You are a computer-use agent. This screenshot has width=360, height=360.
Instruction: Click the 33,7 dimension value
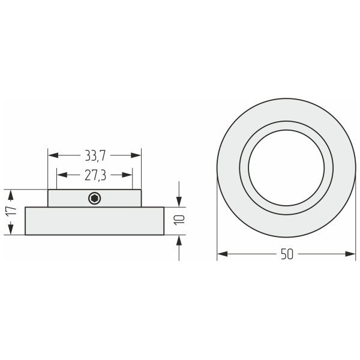[x=95, y=155]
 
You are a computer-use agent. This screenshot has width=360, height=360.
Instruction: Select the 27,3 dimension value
[x=95, y=175]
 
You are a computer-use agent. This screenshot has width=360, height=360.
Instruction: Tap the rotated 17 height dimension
[x=11, y=211]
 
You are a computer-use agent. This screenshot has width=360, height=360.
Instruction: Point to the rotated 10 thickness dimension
[x=179, y=220]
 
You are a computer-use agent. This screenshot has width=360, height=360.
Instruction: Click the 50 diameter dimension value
[x=287, y=254]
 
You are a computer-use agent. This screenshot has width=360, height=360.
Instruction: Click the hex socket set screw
[x=95, y=198]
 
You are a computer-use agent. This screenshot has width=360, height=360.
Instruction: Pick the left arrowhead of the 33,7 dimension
[x=53, y=155]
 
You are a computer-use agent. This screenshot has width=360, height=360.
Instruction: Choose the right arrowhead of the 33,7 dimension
[x=136, y=155]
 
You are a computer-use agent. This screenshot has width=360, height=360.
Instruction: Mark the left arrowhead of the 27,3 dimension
[x=62, y=175]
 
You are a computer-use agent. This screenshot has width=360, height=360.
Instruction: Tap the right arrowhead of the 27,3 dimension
[x=127, y=175]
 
